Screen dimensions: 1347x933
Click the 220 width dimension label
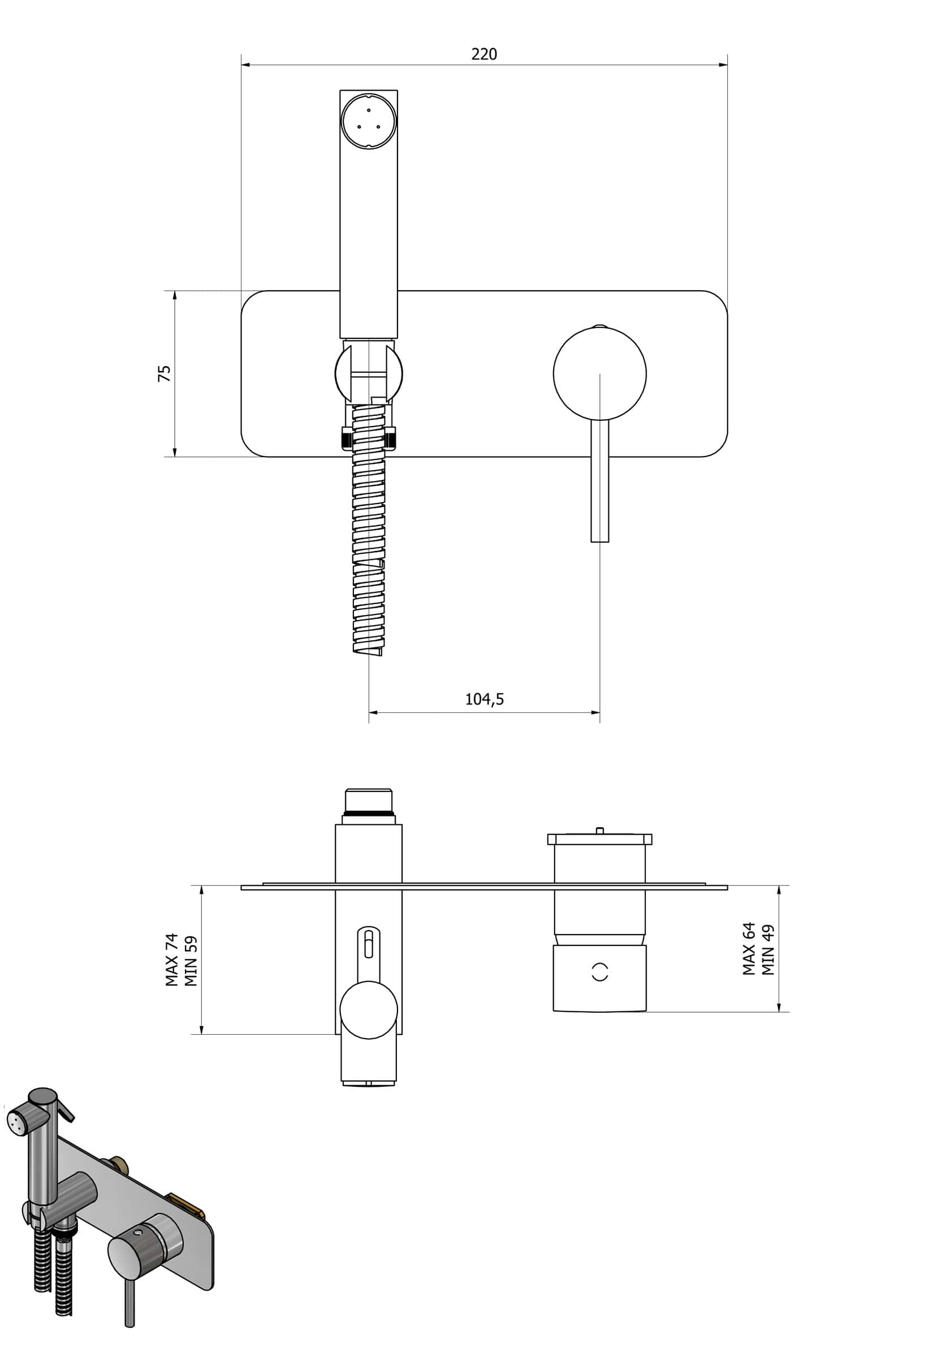[484, 54]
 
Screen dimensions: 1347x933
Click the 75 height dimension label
[165, 373]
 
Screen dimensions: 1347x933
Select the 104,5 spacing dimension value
[484, 699]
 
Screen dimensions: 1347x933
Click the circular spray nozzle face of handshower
[368, 122]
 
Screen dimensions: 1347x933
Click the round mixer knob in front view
[599, 374]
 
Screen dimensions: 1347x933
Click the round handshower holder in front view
[368, 373]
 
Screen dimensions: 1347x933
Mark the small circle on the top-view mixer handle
[600, 972]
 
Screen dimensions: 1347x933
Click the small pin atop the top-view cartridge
[599, 829]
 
